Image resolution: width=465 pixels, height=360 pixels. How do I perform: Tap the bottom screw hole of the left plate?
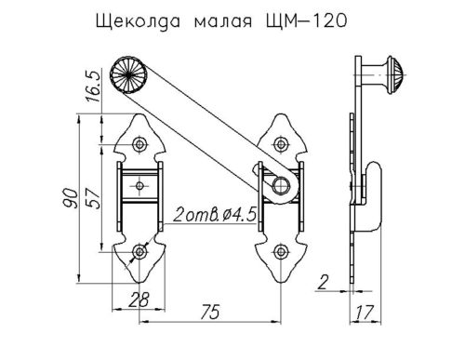139,250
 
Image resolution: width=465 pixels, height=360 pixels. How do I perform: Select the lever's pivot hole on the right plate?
277,184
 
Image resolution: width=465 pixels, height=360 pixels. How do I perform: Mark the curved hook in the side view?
372,195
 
